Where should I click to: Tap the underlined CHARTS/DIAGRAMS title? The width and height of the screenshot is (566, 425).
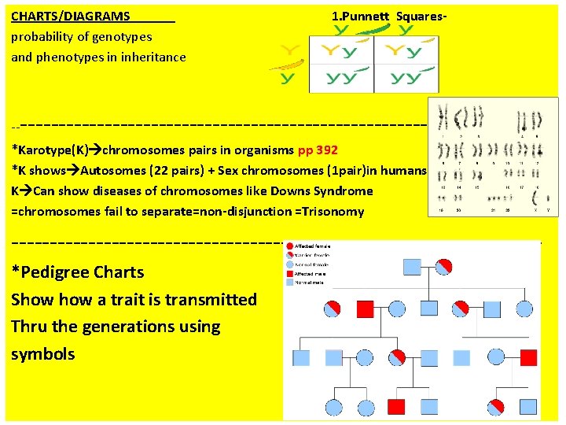click(71, 16)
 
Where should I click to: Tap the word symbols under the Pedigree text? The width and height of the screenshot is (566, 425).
click(43, 354)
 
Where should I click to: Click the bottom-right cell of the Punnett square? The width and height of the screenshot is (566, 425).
click(406, 78)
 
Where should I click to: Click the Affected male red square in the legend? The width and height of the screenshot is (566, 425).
click(290, 273)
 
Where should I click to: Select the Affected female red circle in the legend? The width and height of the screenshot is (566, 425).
click(290, 246)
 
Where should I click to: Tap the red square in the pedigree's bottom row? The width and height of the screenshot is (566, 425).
click(397, 407)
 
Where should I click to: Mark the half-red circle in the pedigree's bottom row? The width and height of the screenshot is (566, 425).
click(496, 407)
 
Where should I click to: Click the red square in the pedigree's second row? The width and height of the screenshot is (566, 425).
click(366, 307)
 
